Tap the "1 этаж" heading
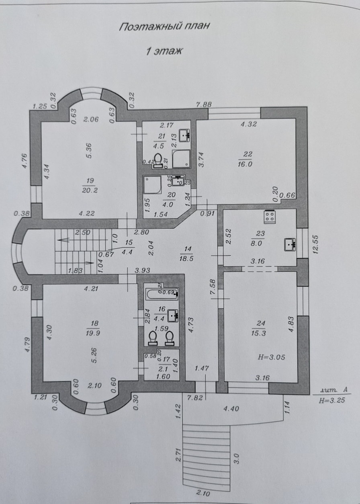click(x=164, y=51)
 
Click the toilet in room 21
click(x=159, y=161)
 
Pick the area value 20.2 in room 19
click(x=90, y=191)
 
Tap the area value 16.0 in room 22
click(x=245, y=164)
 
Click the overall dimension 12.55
click(x=316, y=244)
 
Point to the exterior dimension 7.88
click(x=204, y=104)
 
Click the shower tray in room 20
click(x=153, y=185)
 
